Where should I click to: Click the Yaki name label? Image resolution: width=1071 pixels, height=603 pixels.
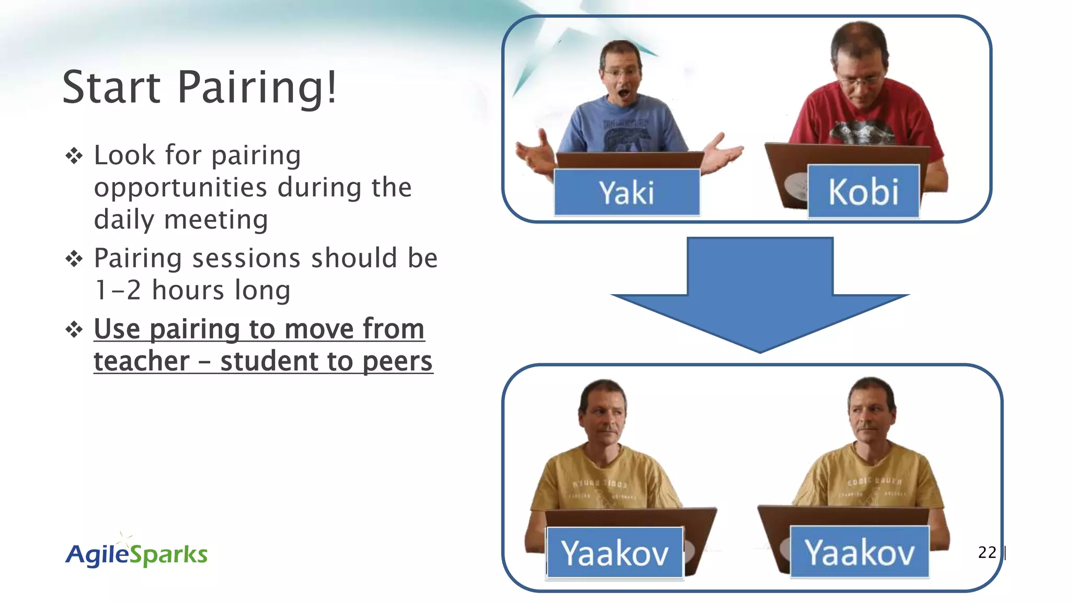pos(626,193)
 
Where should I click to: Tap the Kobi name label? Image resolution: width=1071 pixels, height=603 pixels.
pos(863,192)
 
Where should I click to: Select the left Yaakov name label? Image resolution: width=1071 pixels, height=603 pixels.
pos(614,553)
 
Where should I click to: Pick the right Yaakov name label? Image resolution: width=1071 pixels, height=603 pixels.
pos(859,552)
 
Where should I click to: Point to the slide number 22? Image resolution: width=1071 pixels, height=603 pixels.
pos(987,552)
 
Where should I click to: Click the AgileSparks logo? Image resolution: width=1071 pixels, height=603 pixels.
pos(136,554)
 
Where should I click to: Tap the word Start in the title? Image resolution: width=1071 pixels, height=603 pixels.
pos(111,87)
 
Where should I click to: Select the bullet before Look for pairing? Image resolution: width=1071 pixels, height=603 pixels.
pos(74,156)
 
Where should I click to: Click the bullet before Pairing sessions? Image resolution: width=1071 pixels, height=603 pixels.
pos(74,259)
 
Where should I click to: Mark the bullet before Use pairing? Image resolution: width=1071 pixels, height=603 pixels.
pos(74,330)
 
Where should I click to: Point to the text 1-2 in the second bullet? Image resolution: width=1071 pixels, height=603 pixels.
pos(118,291)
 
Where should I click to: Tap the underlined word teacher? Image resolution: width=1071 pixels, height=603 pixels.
pos(141,361)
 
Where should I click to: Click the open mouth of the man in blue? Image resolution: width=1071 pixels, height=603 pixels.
pos(623,95)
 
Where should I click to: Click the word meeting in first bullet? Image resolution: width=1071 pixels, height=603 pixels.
pos(216,220)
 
